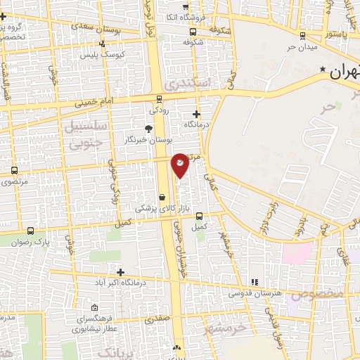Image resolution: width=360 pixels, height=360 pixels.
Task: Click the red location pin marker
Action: [180, 165]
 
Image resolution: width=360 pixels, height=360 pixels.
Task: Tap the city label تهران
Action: [343, 71]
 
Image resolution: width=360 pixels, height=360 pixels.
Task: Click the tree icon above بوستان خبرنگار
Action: [148, 129]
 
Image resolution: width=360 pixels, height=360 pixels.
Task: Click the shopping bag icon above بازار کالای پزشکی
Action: [162, 198]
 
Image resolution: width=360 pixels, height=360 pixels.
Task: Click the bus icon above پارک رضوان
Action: [30, 230]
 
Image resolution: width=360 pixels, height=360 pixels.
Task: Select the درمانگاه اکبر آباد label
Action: [122, 283]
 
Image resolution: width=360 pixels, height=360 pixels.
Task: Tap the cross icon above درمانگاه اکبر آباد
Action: [121, 272]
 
